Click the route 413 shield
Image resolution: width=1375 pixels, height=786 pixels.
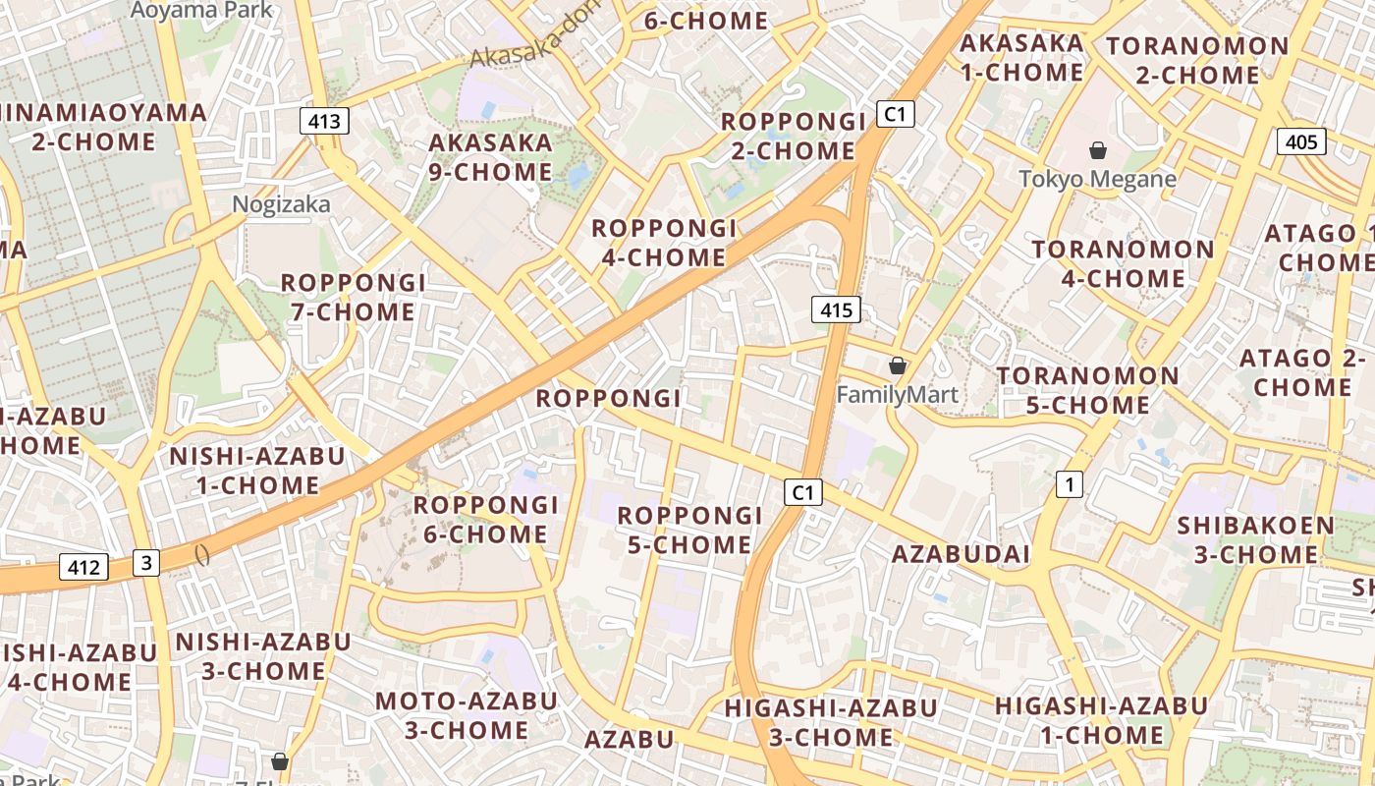pyautogui.click(x=324, y=121)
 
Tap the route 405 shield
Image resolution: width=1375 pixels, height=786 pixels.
pyautogui.click(x=1301, y=141)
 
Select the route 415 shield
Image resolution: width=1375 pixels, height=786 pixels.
pyautogui.click(x=836, y=310)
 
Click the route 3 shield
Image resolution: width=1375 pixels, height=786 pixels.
pyautogui.click(x=146, y=562)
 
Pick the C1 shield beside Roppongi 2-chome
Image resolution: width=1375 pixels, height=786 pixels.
pyautogui.click(x=894, y=114)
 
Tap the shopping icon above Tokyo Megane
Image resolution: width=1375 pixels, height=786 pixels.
pyautogui.click(x=1098, y=150)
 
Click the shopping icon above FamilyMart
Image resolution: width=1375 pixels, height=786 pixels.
pyautogui.click(x=897, y=365)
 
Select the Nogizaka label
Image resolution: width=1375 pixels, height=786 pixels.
pyautogui.click(x=281, y=204)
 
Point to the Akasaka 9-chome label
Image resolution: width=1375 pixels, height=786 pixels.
pyautogui.click(x=491, y=157)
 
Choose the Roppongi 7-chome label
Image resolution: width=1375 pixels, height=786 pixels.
pyautogui.click(x=354, y=298)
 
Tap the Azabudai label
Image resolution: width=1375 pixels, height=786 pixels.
pyautogui.click(x=961, y=554)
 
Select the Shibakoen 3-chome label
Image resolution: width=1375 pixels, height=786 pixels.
pyautogui.click(x=1256, y=539)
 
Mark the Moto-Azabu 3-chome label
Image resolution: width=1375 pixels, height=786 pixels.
pyautogui.click(x=467, y=715)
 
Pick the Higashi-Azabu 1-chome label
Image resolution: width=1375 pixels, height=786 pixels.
pyautogui.click(x=1101, y=720)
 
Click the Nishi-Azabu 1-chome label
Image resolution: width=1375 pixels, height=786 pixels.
pyautogui.click(x=257, y=471)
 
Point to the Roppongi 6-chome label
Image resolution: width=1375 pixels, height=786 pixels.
pyautogui.click(x=485, y=520)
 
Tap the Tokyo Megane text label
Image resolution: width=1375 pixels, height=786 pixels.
pyautogui.click(x=1097, y=179)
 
